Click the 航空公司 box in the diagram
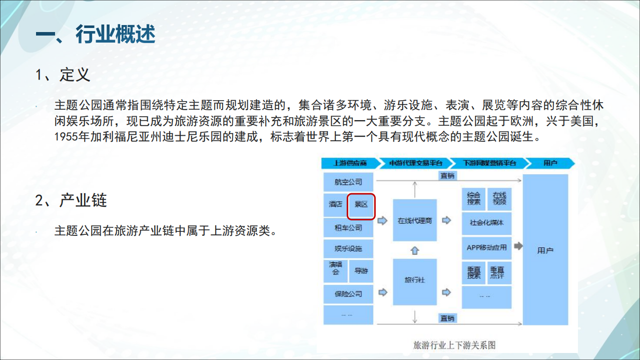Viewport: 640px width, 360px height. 348,182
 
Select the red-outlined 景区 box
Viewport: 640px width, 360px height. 361,206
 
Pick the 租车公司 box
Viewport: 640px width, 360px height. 348,228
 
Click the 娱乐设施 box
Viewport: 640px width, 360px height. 348,249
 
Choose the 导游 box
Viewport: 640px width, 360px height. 361,271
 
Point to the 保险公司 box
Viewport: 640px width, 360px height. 348,294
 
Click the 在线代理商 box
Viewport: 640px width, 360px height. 415,220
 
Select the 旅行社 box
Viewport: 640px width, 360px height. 415,281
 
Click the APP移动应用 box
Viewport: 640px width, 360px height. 487,247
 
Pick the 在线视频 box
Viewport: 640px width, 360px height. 499,199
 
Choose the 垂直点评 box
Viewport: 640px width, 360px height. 497,272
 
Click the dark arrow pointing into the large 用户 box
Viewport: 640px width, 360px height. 518,246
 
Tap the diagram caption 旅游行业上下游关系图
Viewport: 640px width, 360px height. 454,345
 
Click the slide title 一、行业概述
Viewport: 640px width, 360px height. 96,35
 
